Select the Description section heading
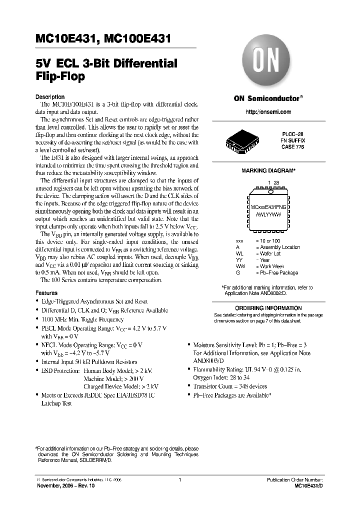click(x=50, y=97)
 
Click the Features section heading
click(x=47, y=292)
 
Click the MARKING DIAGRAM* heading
click(x=268, y=171)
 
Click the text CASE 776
click(x=294, y=147)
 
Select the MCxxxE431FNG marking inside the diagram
click(x=268, y=206)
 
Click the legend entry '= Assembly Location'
click(x=278, y=247)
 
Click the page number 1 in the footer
click(x=179, y=479)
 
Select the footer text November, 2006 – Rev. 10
click(x=65, y=485)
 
